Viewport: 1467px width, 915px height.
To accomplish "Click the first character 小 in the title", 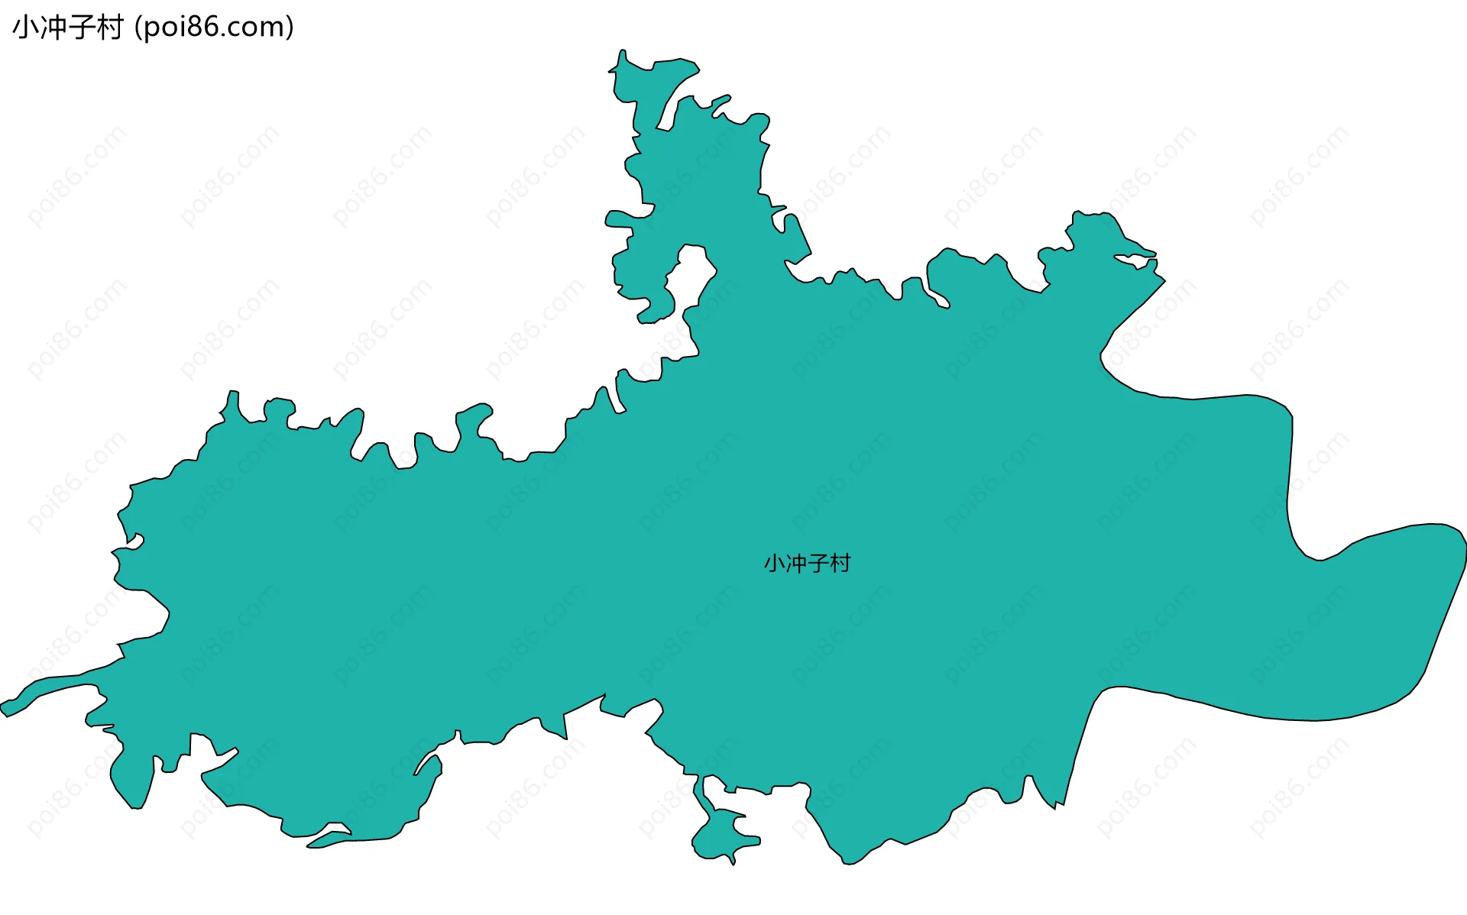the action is [x=25, y=27].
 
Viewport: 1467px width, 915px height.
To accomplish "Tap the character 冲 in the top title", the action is [x=54, y=27].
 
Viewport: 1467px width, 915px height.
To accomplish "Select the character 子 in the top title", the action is [x=83, y=27].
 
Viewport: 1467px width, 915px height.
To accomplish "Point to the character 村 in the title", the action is [x=110, y=27].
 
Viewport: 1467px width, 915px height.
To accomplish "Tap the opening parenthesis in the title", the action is [x=138, y=27].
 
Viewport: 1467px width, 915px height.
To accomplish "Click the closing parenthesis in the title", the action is [x=290, y=27].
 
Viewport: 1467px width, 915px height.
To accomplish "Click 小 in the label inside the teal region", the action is [x=775, y=564].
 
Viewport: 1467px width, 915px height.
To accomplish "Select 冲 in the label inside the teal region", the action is [x=796, y=564].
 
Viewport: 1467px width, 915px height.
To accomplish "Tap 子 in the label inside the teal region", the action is [x=818, y=564].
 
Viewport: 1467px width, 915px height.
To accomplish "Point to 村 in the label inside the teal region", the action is [x=840, y=564].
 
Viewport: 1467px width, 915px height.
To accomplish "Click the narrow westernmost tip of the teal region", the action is [x=6, y=708].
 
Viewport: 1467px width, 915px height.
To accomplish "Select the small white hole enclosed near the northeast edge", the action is [x=1135, y=261].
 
